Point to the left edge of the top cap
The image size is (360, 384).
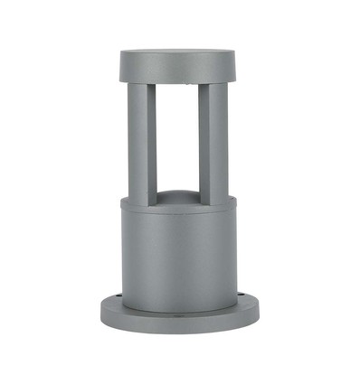pyautogui.click(x=121, y=65)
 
